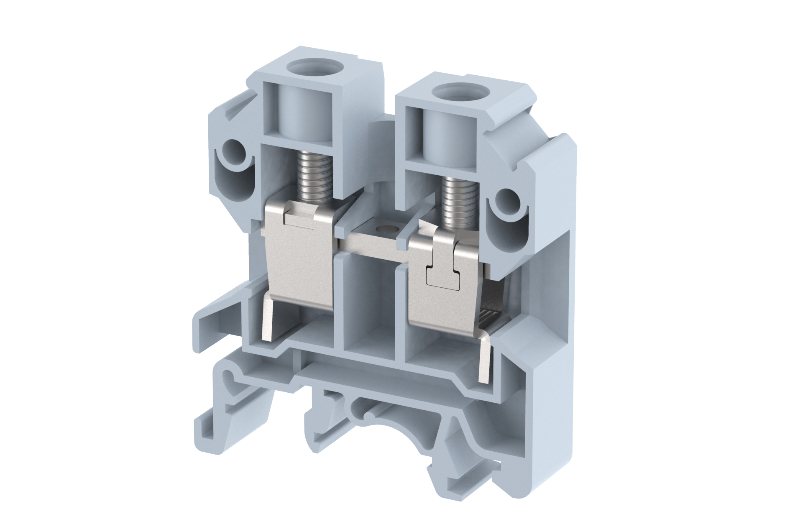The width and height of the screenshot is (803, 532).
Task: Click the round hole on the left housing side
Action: pyautogui.click(x=231, y=149)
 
